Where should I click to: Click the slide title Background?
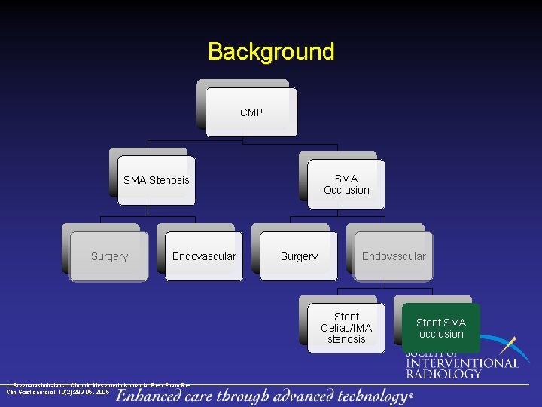[x=271, y=52]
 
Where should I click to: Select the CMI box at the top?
[x=251, y=113]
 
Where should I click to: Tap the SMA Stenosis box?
[x=157, y=181]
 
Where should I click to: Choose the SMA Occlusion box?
[x=346, y=185]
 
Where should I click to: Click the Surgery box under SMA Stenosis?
[x=109, y=257]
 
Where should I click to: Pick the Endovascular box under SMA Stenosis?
[x=204, y=257]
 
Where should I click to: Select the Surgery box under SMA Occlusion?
[x=299, y=257]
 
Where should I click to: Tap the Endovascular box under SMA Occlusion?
[x=394, y=257]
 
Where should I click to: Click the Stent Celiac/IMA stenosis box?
[x=346, y=329]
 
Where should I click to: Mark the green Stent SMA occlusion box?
[x=441, y=329]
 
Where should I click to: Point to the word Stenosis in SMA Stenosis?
[x=169, y=181]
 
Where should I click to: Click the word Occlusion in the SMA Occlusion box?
[x=346, y=191]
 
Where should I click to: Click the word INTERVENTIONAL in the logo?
[x=462, y=363]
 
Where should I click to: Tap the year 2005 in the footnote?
[x=102, y=393]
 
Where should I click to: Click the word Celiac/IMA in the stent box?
[x=346, y=328]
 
